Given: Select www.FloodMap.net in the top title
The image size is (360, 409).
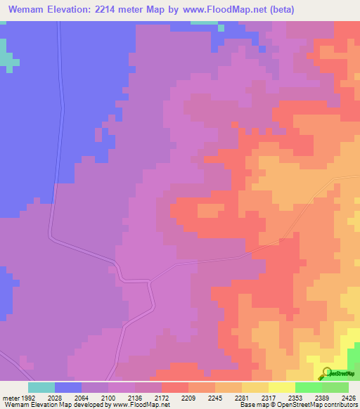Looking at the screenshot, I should pos(219,9).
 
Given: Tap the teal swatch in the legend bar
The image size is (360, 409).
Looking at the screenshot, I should pos(41,387).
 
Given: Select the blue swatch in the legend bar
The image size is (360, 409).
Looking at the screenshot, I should pos(68,387).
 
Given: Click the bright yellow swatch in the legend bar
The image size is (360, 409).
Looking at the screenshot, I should pos(281,387).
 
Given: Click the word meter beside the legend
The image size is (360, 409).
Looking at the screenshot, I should pos(10,397).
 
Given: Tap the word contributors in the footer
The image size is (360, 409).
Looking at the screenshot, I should pos(340,405).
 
